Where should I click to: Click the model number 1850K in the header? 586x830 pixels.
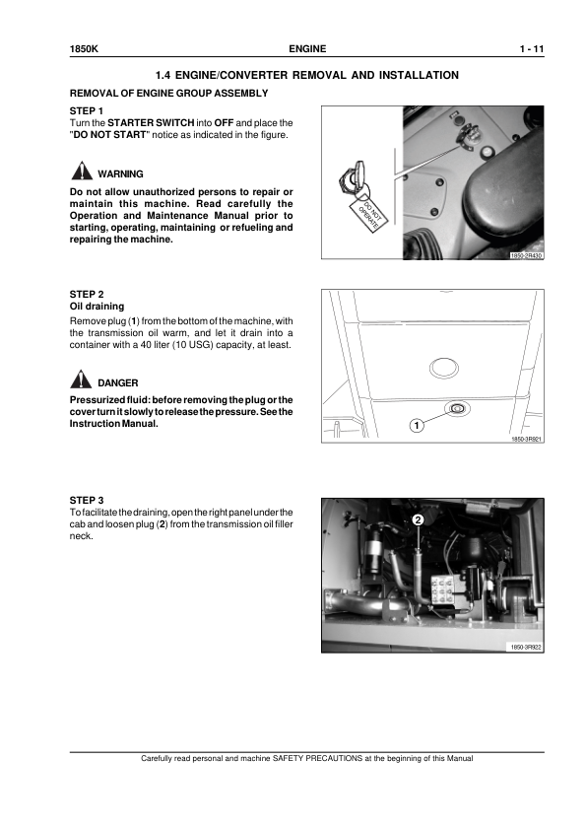tap(84, 49)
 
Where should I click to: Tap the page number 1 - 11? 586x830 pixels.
tap(532, 49)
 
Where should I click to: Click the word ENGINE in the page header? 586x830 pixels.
tap(307, 49)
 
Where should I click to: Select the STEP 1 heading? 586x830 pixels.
tap(87, 111)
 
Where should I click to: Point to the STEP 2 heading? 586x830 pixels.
tap(87, 295)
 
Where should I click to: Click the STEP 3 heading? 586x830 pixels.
tap(87, 500)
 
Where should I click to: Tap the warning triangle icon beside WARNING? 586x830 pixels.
tap(81, 171)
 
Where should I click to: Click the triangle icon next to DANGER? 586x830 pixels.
tap(81, 380)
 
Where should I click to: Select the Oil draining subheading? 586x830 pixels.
tap(97, 307)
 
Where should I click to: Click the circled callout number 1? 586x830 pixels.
tap(417, 426)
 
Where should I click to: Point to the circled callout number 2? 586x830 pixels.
tap(418, 519)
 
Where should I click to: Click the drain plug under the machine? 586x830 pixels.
tap(456, 408)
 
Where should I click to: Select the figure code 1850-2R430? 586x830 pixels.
tap(526, 255)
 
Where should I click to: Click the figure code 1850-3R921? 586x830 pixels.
tap(526, 439)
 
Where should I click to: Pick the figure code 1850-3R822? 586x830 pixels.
tap(526, 647)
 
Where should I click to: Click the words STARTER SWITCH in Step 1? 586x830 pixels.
tap(151, 123)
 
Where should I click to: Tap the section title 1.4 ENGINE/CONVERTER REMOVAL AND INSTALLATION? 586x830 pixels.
tap(306, 75)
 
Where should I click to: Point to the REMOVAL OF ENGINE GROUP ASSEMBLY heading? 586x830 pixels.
tap(168, 94)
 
